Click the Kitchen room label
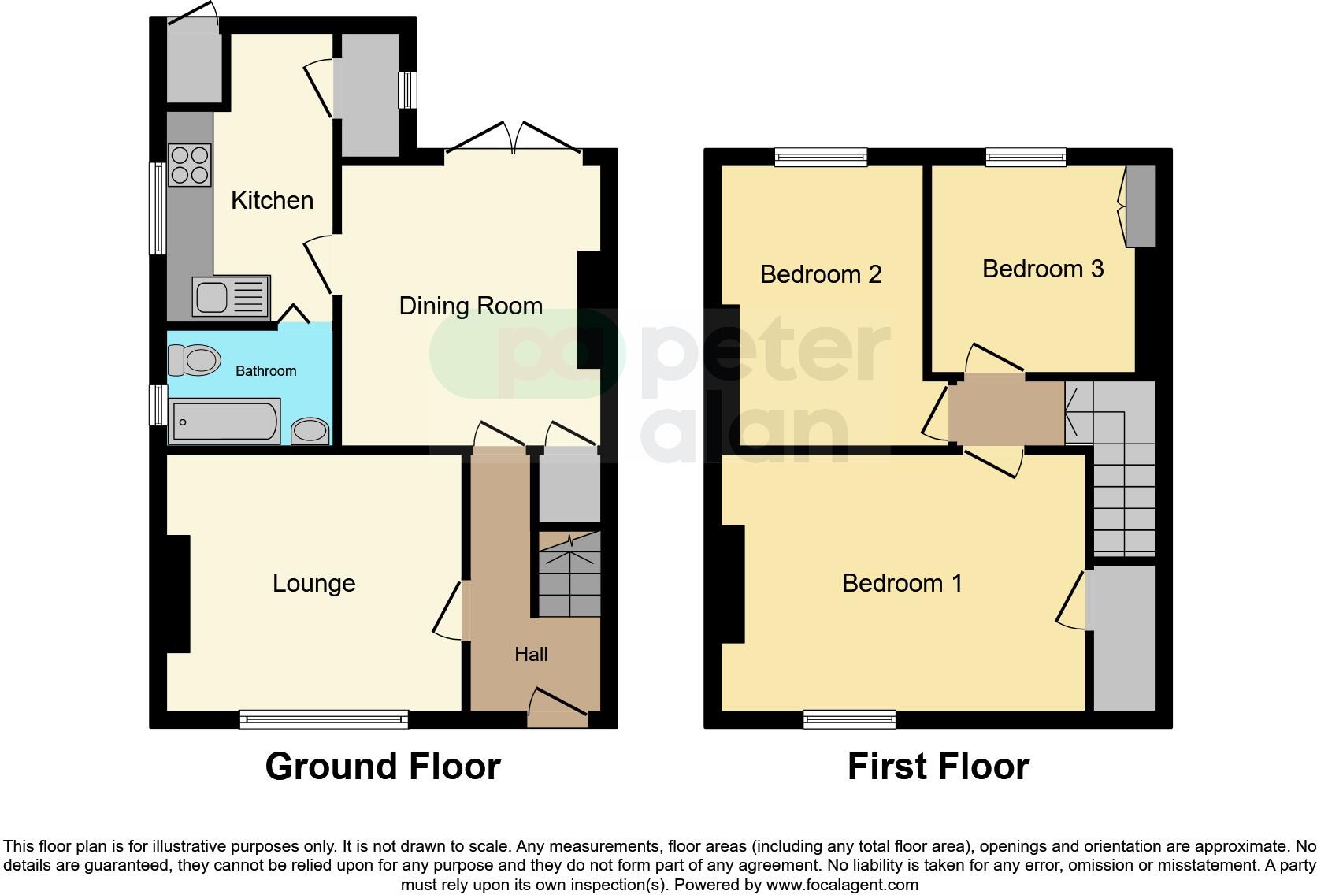(272, 200)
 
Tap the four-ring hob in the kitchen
(190, 165)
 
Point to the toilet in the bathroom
(194, 361)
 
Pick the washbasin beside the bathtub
(310, 431)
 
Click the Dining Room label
(470, 306)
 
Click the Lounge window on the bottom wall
(324, 718)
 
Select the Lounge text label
(313, 583)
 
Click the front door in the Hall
(558, 707)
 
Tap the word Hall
(531, 654)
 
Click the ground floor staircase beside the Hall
(569, 574)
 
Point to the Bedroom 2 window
(820, 157)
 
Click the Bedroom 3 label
(1042, 269)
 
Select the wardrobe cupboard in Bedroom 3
(1140, 206)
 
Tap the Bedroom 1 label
(902, 583)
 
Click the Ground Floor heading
(383, 766)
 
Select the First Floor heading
(938, 766)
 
